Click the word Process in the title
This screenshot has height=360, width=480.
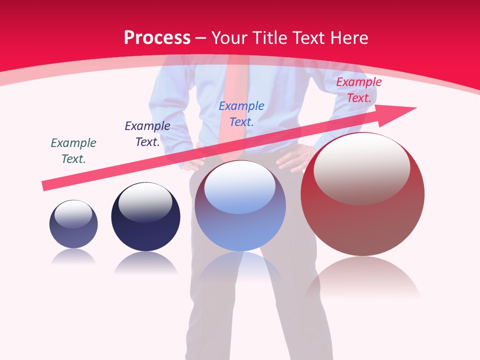point(157,38)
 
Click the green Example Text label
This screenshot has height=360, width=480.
point(73,150)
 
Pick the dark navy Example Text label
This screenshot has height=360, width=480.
point(147,134)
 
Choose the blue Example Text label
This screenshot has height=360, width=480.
point(241,113)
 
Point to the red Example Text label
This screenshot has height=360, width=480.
point(358,90)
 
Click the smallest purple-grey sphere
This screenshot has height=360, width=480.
point(73,224)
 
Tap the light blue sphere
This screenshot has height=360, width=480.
point(240,206)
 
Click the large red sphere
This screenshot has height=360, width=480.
point(362,195)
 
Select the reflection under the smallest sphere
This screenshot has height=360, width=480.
point(73,257)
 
